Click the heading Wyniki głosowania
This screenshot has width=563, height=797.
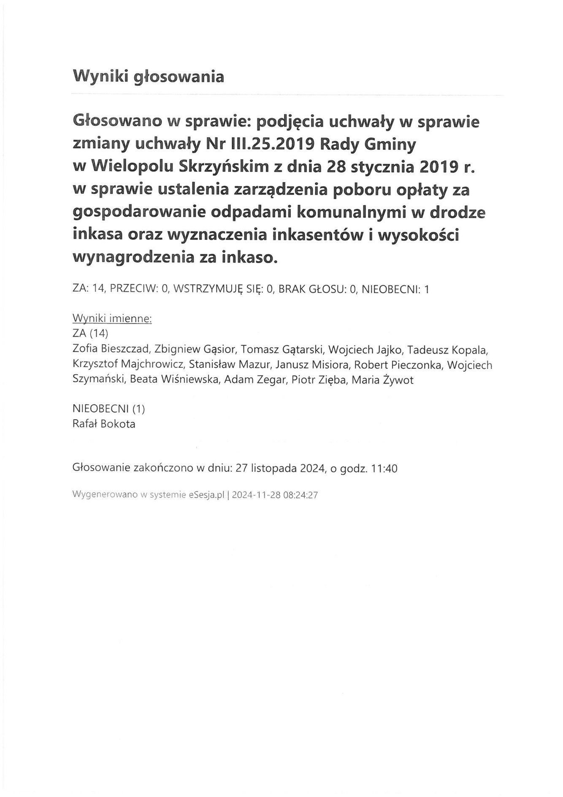pos(148,77)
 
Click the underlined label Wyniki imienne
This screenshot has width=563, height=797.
pos(112,318)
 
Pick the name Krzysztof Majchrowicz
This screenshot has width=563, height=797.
pos(128,364)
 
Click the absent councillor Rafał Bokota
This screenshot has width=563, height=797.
pos(104,424)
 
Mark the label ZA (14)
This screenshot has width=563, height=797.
pos(91,334)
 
